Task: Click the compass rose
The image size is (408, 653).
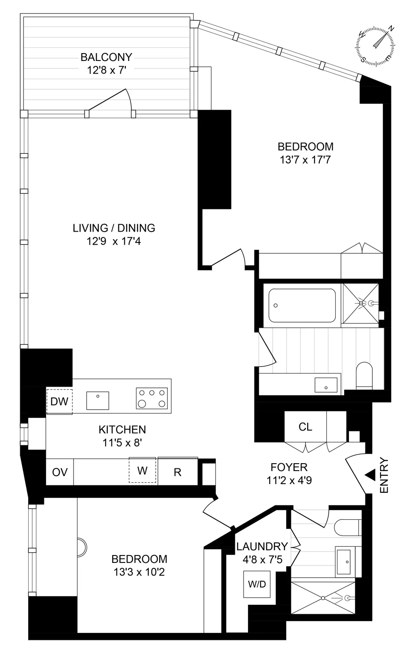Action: [x=376, y=46]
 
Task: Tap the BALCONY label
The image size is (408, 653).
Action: [x=106, y=57]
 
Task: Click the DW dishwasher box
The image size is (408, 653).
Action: [x=60, y=401]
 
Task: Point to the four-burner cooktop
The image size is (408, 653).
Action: [x=152, y=398]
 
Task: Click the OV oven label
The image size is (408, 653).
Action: [x=60, y=472]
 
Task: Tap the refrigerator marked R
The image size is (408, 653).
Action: [x=177, y=472]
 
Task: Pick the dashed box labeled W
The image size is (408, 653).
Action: [x=142, y=470]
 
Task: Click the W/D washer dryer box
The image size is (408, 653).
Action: [x=257, y=584]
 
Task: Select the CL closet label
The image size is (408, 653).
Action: [x=305, y=427]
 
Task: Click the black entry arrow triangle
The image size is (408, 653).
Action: [x=370, y=475]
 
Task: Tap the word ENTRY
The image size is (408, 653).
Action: [x=384, y=475]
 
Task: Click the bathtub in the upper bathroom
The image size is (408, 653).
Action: [x=302, y=305]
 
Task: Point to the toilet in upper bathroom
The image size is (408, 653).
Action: [x=364, y=376]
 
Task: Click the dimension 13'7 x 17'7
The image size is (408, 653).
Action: [x=305, y=160]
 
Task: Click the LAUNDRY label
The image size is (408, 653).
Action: [x=262, y=546]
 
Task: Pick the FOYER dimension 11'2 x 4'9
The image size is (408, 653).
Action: [x=289, y=480]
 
